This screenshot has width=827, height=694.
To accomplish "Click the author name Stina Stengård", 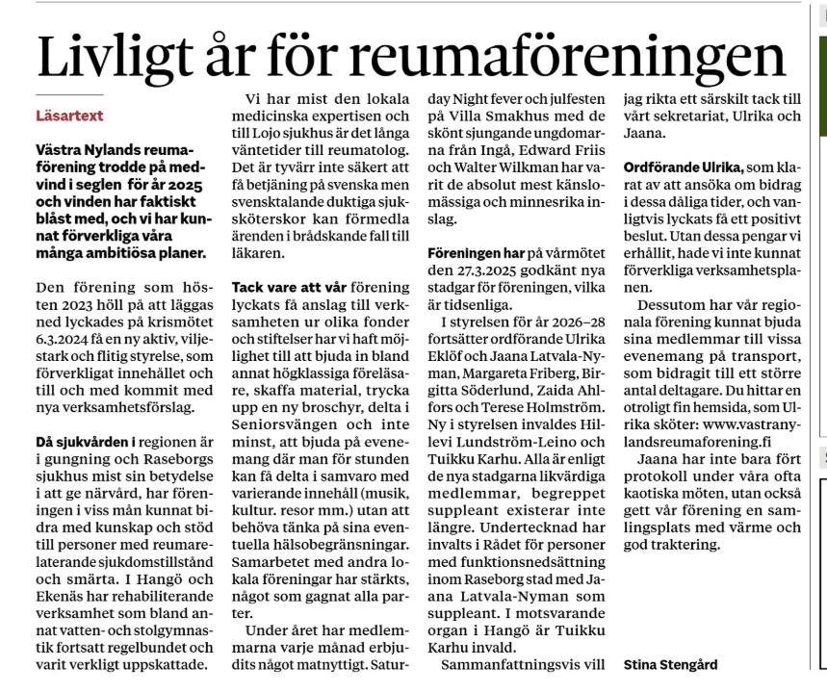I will (672, 663).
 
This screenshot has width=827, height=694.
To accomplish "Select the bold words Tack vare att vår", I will (288, 288).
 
